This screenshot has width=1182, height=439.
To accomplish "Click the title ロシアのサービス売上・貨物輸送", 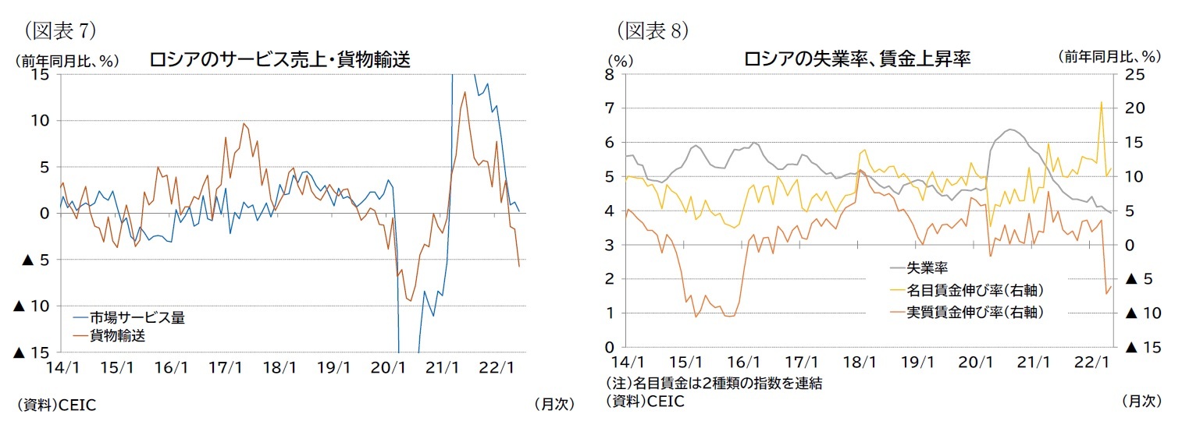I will (x=279, y=60).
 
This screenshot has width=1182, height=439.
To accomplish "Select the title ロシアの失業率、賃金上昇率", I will (x=856, y=59).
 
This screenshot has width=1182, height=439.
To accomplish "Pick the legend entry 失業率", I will (x=927, y=268).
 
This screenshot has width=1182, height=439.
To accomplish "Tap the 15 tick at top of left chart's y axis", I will (x=41, y=75).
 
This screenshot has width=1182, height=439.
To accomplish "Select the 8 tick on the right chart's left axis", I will (x=610, y=75).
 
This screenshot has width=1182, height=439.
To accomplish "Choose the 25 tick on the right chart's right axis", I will (x=1134, y=75).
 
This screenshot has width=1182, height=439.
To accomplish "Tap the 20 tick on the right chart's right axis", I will (x=1134, y=108).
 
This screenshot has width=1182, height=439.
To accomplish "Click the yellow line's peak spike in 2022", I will (x=1102, y=102).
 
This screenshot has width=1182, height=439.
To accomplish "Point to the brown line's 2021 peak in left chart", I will (x=465, y=92).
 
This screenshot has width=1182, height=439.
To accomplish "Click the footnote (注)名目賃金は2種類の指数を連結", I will (x=714, y=384).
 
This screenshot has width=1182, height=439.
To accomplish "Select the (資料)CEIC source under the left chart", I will (x=55, y=405).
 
